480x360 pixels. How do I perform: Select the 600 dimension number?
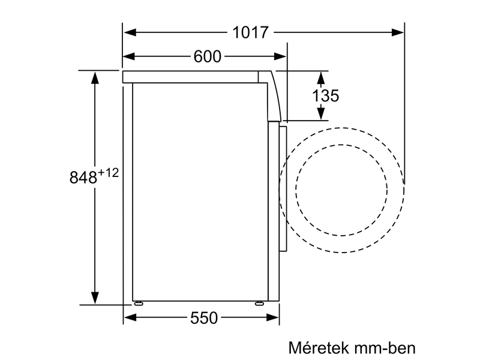coord(208,57)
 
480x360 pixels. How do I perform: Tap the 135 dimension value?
coord(326,95)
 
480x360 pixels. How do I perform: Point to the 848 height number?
coord(83,178)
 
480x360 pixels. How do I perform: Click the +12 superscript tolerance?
coord(109,173)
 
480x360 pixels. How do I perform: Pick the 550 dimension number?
coord(204,319)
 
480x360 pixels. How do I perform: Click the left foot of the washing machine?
coord(139,303)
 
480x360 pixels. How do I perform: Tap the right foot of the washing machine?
coord(259,303)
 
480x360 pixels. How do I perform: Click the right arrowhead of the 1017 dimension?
coord(398,32)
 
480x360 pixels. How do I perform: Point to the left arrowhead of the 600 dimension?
coord(128,57)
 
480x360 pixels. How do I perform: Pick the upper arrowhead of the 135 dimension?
coord(321,77)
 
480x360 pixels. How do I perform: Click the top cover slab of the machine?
coord(192,77)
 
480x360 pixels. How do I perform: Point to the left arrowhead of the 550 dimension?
coord(128,319)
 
